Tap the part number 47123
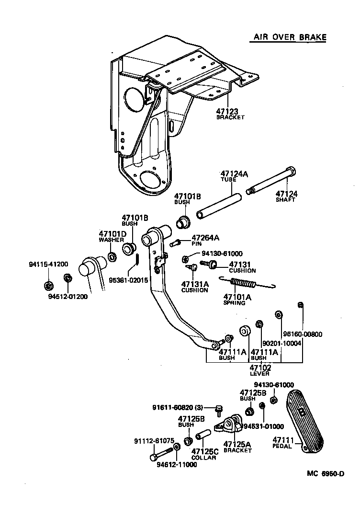pyautogui.click(x=228, y=111)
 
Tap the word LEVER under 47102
pyautogui.click(x=259, y=374)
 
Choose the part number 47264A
pyautogui.click(x=205, y=237)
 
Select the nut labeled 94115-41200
pyautogui.click(x=48, y=286)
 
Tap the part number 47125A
pyautogui.click(x=238, y=444)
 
